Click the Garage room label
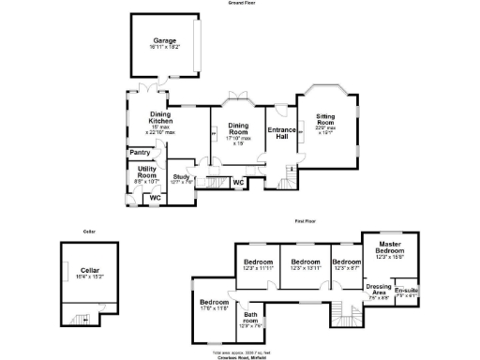[166, 42]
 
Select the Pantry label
[141, 152]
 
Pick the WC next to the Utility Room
[155, 198]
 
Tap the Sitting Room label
[325, 123]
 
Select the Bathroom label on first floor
[249, 321]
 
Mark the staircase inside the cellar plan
[86, 319]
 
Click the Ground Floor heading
[241, 4]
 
